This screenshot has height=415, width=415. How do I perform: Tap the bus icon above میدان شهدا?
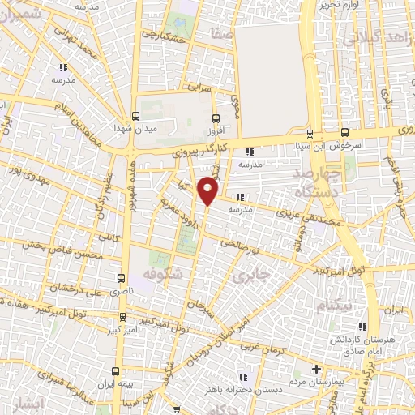135,116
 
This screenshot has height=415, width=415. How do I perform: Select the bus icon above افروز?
214,116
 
